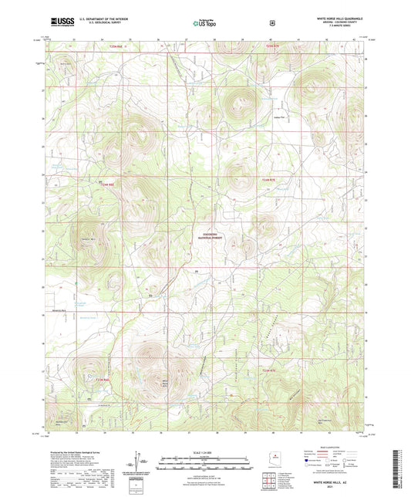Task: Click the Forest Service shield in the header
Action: [272, 23]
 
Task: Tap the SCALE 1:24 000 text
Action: [204, 451]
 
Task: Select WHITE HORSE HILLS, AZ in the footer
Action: [332, 481]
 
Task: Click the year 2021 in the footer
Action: [332, 488]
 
